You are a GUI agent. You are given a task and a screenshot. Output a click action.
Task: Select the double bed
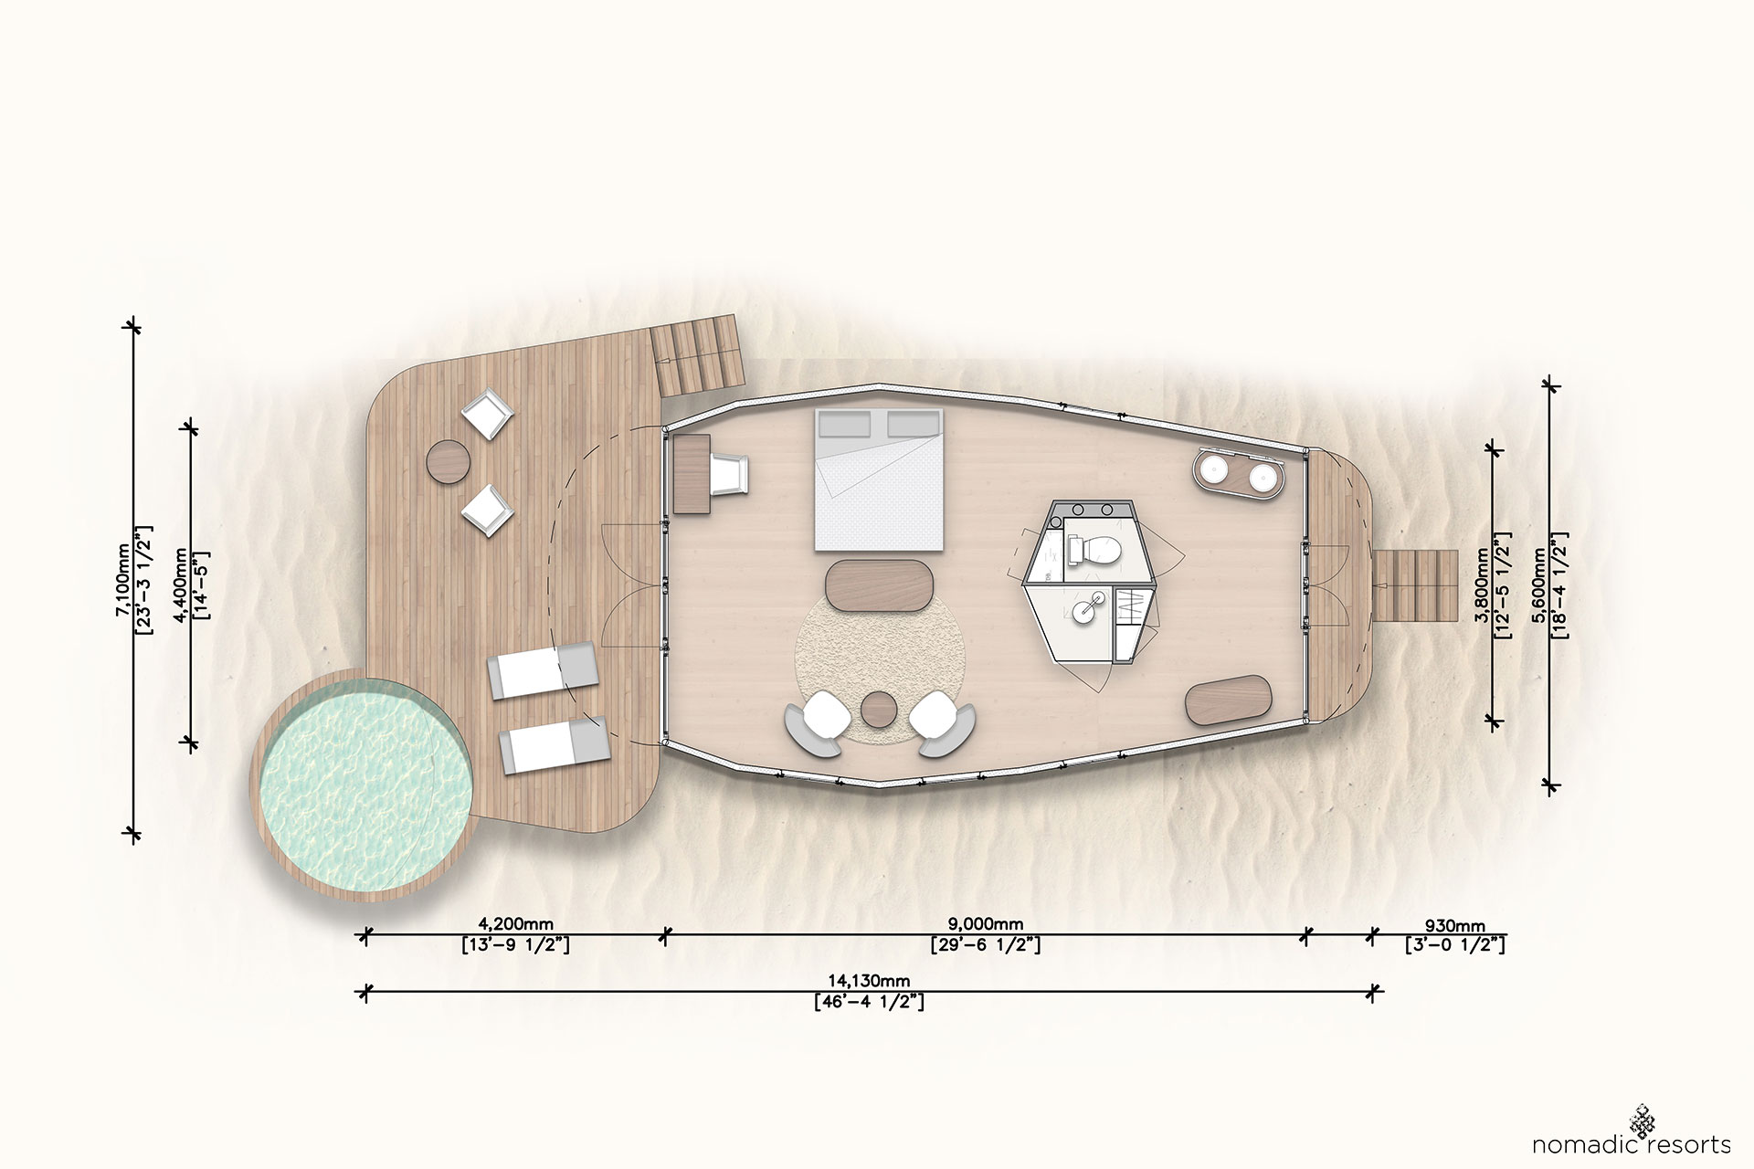tap(879, 479)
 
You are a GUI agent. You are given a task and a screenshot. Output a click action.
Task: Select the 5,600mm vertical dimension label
tap(1542, 584)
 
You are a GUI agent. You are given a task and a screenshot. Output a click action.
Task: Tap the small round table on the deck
tap(449, 460)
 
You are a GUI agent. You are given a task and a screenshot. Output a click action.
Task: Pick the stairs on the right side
tap(1416, 585)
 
